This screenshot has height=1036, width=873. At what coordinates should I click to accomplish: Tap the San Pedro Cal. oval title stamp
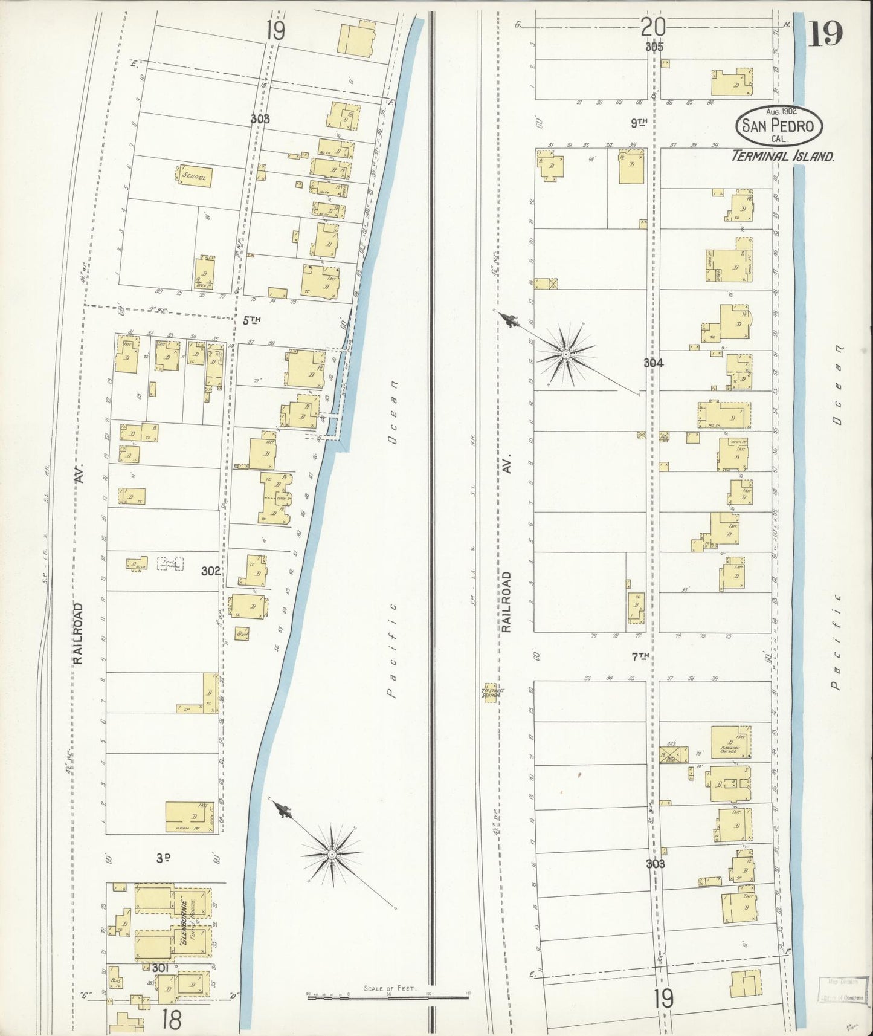click(x=779, y=126)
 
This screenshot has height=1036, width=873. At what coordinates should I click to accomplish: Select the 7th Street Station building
click(x=492, y=693)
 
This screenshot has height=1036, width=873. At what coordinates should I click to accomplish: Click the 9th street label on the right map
click(x=639, y=123)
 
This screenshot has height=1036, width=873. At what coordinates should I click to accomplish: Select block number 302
click(x=210, y=570)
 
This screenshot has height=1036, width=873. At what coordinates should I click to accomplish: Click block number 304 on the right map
click(x=654, y=363)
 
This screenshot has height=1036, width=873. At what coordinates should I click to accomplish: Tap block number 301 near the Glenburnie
click(x=159, y=968)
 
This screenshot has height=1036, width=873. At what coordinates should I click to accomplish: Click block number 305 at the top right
click(x=654, y=47)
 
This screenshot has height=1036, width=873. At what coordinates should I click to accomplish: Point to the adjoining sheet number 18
click(x=172, y=1020)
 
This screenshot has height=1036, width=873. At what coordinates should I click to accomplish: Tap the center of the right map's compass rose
click(x=565, y=354)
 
